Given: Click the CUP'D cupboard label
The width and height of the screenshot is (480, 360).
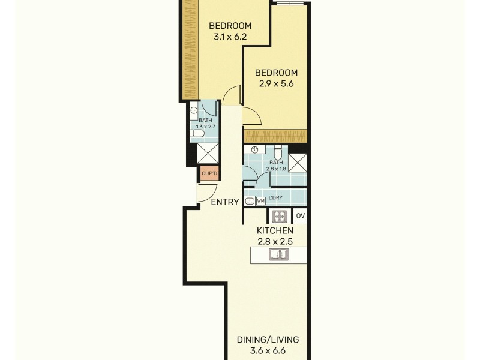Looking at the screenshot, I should [x=209, y=174].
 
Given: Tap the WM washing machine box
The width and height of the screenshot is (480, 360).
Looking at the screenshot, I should [x=261, y=201].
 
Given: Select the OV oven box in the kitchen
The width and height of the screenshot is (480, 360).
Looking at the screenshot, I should [x=301, y=216].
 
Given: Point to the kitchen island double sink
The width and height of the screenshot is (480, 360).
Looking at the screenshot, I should [x=278, y=254].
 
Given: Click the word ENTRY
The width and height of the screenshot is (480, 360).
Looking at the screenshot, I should [x=225, y=202].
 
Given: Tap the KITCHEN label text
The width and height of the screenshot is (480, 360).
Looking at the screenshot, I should [x=275, y=230].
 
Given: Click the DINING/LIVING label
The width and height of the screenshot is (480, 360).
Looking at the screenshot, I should [x=268, y=340].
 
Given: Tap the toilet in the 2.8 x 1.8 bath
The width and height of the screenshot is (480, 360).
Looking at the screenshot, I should [x=278, y=152].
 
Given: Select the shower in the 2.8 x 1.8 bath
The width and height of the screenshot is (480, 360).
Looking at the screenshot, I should [x=298, y=163].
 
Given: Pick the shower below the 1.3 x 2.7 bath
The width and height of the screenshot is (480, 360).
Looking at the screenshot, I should [x=208, y=153].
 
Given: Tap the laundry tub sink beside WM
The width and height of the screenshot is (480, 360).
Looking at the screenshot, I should [x=250, y=201].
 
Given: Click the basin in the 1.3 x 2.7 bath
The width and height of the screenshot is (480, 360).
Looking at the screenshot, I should [x=194, y=110].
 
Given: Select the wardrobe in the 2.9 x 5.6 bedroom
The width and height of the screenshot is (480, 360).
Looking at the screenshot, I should [x=276, y=136].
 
